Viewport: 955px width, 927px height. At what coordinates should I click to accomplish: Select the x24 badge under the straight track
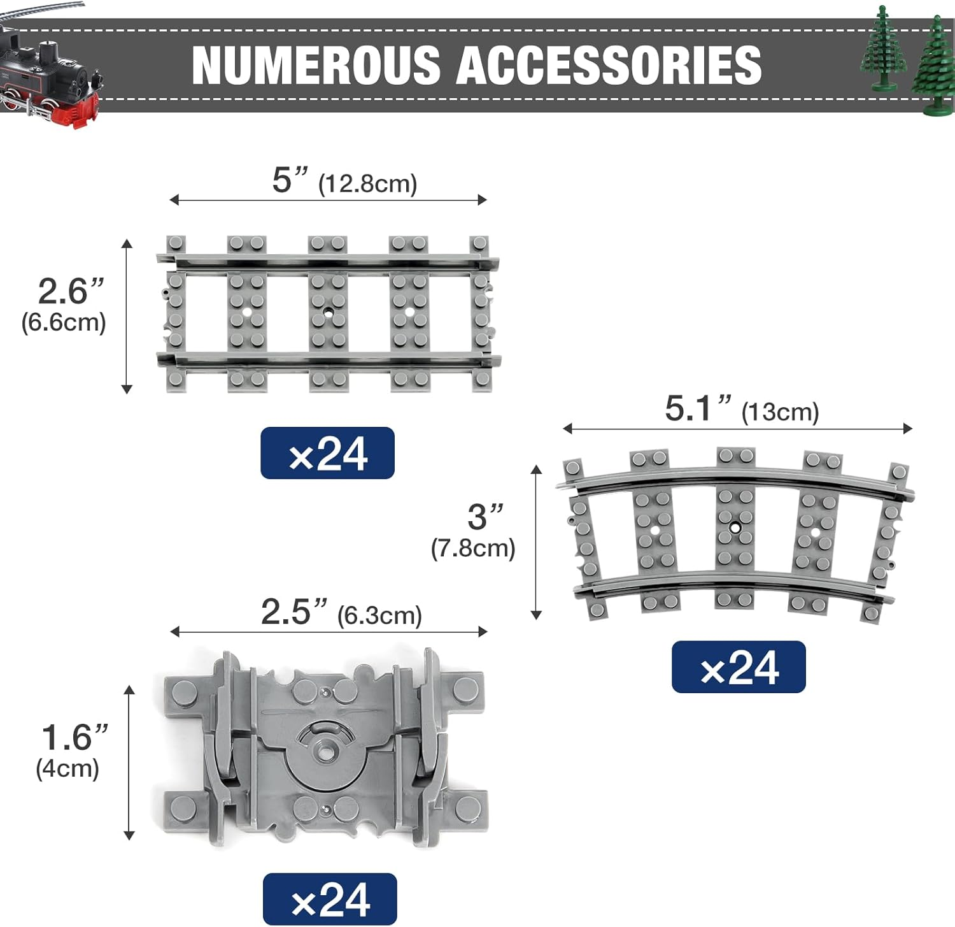327,453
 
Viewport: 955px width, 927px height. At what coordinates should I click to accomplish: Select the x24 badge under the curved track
739,667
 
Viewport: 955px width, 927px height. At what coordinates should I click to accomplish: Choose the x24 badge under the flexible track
330,899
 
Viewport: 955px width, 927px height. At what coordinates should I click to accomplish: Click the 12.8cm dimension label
368,184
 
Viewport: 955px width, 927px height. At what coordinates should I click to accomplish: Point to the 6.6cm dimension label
64,322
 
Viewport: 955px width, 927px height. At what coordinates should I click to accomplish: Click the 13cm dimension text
780,412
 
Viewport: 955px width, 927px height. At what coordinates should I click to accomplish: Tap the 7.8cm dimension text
473,549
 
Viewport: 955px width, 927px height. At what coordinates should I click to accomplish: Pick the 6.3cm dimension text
379,616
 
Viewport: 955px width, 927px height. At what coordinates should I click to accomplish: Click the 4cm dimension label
67,768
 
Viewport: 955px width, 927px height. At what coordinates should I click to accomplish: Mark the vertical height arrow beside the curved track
536,542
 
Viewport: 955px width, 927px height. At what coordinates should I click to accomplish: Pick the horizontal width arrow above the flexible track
329,631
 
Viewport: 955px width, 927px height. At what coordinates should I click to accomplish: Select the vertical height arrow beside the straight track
127,317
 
